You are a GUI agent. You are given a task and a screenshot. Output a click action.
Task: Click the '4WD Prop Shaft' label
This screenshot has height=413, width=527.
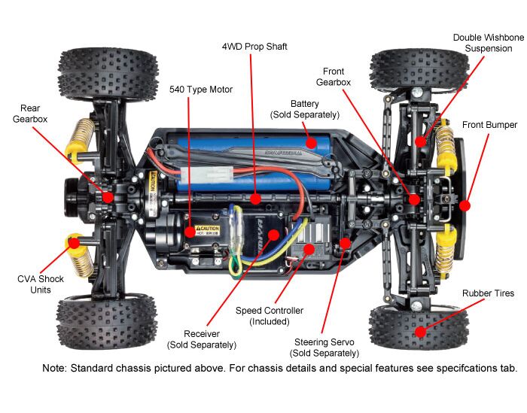point(254,47)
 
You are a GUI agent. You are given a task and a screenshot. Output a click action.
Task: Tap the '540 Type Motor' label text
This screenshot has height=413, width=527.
point(200,90)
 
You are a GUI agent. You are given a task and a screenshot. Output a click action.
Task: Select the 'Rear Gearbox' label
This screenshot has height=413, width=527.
point(31,114)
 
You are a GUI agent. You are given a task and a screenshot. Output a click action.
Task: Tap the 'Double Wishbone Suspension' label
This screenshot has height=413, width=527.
point(487,42)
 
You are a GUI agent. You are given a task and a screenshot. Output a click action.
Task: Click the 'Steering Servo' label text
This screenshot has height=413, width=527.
point(324,342)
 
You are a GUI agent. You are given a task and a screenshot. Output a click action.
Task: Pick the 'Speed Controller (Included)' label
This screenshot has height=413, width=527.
point(270,315)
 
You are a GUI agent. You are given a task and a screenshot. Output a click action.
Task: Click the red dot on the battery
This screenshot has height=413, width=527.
point(310,141)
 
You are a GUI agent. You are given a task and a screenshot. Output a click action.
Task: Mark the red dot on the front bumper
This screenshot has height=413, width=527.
point(465,204)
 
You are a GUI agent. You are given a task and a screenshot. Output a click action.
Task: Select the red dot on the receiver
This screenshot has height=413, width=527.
point(274,234)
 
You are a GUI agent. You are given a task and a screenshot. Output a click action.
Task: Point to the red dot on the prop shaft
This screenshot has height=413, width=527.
point(256,199)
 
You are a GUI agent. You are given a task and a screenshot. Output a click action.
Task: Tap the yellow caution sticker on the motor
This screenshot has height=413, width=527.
point(207,229)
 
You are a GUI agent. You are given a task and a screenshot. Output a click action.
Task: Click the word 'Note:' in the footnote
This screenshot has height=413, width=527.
point(56,369)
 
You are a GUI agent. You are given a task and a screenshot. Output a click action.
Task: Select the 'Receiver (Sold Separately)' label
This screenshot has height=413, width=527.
point(201,339)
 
